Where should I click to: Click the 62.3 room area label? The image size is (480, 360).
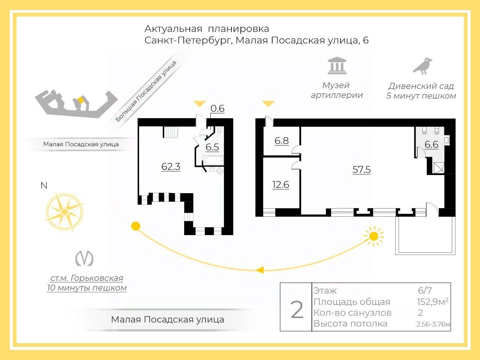171,166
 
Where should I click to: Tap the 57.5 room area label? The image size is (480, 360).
361,169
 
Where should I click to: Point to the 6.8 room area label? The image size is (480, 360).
282,141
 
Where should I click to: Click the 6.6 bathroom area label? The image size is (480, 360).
431,144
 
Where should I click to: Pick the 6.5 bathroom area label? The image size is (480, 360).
212,147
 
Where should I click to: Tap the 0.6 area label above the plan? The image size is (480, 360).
217,109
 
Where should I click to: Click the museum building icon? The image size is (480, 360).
337,66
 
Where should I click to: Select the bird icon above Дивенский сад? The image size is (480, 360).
423,66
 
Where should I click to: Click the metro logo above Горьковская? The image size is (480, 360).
84,258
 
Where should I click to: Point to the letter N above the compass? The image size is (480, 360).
44,186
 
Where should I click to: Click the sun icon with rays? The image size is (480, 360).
374,236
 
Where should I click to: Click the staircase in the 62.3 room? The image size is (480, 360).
171,132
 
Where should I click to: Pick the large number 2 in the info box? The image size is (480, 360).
297,310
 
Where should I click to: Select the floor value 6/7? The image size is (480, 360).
425,290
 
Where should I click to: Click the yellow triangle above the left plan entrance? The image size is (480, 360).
199,103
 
